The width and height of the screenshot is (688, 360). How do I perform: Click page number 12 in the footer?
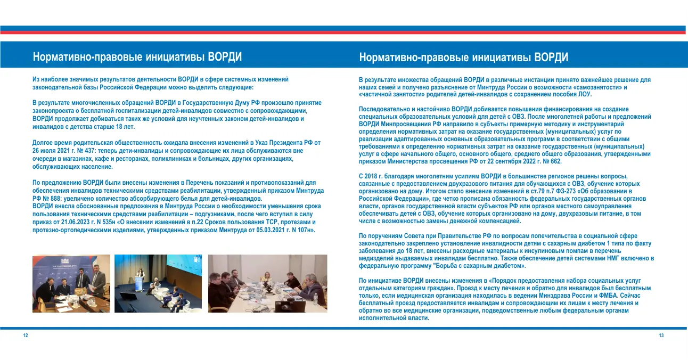pyautogui.click(x=25, y=336)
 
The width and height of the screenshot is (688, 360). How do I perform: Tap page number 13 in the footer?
pyautogui.click(x=661, y=336)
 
